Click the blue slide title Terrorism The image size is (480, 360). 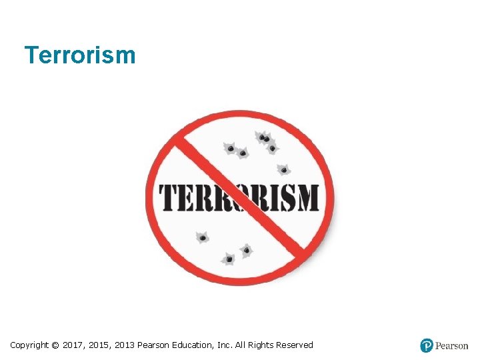click(79, 55)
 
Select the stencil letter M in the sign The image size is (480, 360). click(307, 198)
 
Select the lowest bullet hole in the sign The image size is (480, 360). click(229, 258)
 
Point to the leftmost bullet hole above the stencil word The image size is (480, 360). click(231, 149)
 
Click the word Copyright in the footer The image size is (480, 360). click(29, 345)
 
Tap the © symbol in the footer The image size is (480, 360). click(55, 345)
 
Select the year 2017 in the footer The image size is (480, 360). click(73, 345)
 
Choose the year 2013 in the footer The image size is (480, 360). click(124, 345)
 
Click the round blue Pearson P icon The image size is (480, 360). click(427, 345)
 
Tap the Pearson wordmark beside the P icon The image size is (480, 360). click(451, 345)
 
